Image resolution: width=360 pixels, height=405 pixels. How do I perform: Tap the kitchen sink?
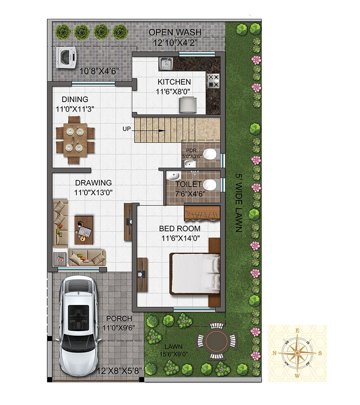[166, 63]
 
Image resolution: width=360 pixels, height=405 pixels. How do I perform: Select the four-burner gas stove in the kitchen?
[214, 81]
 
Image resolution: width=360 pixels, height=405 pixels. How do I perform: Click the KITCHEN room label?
[174, 82]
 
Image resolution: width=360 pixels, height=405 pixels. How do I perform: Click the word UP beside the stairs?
[127, 129]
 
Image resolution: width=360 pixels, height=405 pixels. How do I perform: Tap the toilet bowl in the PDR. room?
[210, 154]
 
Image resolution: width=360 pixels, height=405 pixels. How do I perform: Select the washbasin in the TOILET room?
[173, 176]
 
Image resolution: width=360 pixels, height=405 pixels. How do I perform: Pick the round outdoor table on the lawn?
[216, 341]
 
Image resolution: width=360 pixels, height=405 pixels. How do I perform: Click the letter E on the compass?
[297, 331]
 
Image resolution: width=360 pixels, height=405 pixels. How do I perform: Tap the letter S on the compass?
[320, 353]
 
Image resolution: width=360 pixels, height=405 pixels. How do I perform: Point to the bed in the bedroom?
[195, 274]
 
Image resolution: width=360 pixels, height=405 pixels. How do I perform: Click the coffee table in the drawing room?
[84, 230]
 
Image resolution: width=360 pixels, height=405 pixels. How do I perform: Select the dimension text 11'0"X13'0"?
[93, 193]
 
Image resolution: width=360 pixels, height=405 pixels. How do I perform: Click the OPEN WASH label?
[175, 32]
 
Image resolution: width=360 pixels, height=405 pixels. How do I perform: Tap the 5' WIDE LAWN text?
[239, 203]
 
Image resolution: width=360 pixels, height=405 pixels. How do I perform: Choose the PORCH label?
[119, 319]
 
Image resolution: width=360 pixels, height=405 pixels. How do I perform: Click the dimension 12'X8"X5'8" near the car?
[119, 371]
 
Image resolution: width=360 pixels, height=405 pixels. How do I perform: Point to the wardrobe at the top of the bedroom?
[202, 213]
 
